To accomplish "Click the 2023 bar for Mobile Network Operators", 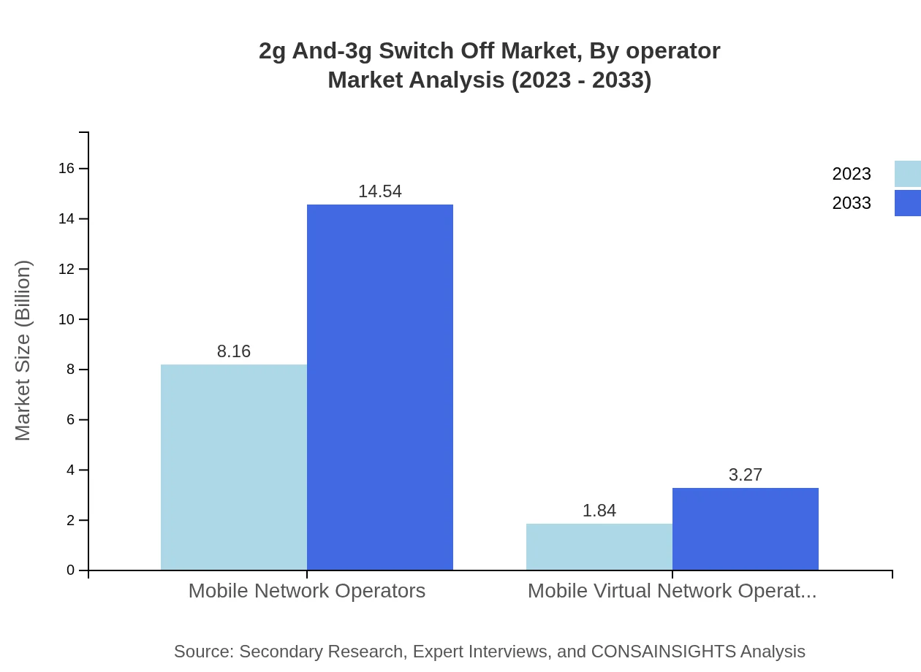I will [x=234, y=467].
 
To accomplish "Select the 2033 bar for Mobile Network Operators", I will [x=380, y=387].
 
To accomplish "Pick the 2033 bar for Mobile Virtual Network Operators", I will [x=746, y=529].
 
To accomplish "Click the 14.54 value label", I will [x=380, y=191].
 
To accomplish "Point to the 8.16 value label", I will [x=234, y=351].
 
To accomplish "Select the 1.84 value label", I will [x=599, y=511].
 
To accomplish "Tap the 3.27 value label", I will [x=746, y=475].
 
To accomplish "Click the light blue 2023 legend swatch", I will [x=907, y=174].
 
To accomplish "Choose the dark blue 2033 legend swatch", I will [x=907, y=203].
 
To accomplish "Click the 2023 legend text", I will [x=852, y=174].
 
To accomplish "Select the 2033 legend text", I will [x=852, y=203].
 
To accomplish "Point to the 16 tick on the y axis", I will [x=67, y=169].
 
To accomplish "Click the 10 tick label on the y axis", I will [x=67, y=319].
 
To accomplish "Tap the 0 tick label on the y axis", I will [x=71, y=570].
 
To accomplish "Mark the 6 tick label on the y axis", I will [x=71, y=420].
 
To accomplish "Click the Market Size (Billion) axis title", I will [x=23, y=351].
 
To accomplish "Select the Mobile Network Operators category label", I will [x=307, y=590].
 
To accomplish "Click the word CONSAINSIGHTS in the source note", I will [x=663, y=652].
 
